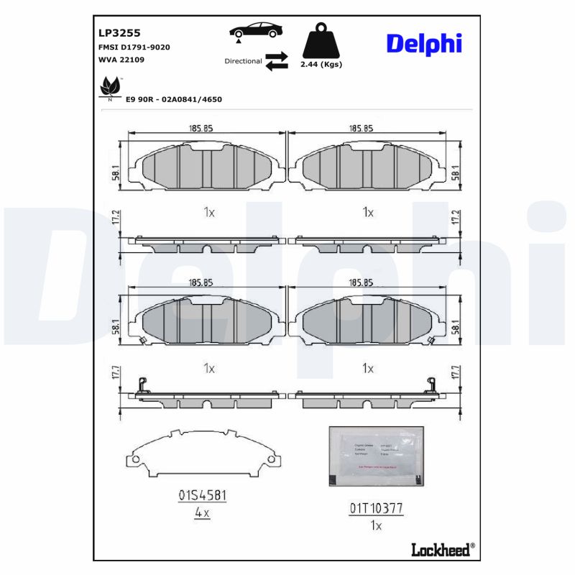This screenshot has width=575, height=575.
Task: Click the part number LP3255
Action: pyautogui.click(x=119, y=33)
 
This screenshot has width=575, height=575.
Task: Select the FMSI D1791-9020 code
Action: pyautogui.click(x=134, y=47)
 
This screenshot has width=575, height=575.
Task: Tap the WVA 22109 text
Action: pyautogui.click(x=121, y=60)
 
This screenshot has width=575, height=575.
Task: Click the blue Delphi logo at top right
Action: pyautogui.click(x=424, y=43)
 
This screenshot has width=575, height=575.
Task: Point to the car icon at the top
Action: pyautogui.click(x=255, y=32)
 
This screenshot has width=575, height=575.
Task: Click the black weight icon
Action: pyautogui.click(x=320, y=42)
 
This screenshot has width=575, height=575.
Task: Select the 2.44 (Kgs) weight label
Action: pyautogui.click(x=321, y=65)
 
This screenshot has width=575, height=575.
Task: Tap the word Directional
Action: pyautogui.click(x=243, y=61)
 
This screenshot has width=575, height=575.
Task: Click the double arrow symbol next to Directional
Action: pyautogui.click(x=277, y=61)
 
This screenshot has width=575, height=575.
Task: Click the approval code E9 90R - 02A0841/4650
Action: pyautogui.click(x=174, y=99)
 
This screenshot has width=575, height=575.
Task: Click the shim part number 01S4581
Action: pyautogui.click(x=202, y=496)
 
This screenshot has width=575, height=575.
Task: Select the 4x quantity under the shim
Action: pyautogui.click(x=202, y=514)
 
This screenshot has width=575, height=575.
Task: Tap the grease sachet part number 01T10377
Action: pyautogui.click(x=376, y=508)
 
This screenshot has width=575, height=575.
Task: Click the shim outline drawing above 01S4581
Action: pyautogui.click(x=202, y=455)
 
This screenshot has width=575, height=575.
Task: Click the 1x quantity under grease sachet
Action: pyautogui.click(x=376, y=525)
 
